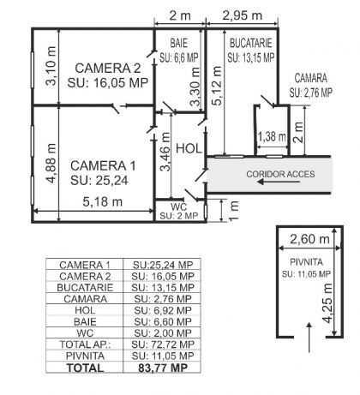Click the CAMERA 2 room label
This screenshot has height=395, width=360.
108,69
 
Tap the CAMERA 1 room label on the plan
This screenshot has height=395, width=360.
103,165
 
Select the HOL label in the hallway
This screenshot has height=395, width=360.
189,149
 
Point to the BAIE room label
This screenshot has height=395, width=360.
179,43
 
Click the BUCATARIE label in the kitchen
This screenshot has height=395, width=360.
251,43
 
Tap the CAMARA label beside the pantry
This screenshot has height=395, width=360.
311,78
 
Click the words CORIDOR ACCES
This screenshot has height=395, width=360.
280,174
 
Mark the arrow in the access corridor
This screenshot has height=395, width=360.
279,182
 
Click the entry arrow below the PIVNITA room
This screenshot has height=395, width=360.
309,338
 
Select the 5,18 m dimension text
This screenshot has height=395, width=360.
103,202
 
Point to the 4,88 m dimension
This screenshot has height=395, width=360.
51,164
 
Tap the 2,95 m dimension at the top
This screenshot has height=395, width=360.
243,15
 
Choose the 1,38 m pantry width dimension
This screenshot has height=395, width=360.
272,136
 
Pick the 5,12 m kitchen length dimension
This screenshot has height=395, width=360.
217,86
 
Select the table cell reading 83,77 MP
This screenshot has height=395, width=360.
163,368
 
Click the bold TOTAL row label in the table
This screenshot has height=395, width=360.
85,368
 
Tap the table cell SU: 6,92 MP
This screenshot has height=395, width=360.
163,310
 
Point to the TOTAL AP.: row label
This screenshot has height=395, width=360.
85,344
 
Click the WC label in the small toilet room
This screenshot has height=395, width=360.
178,206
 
